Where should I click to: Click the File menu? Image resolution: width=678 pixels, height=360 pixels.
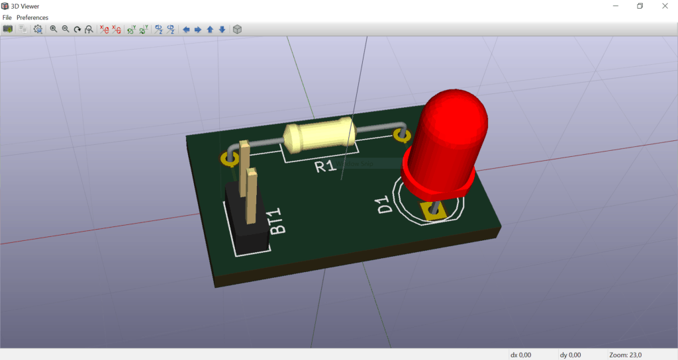[7, 17]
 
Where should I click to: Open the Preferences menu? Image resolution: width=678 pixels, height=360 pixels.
[32, 17]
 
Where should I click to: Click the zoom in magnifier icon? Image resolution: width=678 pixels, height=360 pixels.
[54, 29]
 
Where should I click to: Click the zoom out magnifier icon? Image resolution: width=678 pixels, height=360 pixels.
[66, 29]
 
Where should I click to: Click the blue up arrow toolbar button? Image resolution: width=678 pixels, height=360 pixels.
[210, 29]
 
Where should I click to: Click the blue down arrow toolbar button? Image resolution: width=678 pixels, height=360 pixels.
[222, 29]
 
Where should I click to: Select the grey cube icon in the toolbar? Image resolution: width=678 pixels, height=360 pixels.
[238, 29]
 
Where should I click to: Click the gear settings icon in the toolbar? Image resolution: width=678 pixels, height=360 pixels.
[38, 29]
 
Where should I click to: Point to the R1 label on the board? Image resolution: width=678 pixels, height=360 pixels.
[325, 166]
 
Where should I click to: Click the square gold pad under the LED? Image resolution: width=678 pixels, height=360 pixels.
[436, 211]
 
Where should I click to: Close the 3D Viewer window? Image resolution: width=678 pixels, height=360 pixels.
[664, 6]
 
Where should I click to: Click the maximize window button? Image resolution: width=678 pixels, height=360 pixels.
[640, 6]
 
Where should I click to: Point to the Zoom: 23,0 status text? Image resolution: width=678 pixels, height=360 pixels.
[625, 355]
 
